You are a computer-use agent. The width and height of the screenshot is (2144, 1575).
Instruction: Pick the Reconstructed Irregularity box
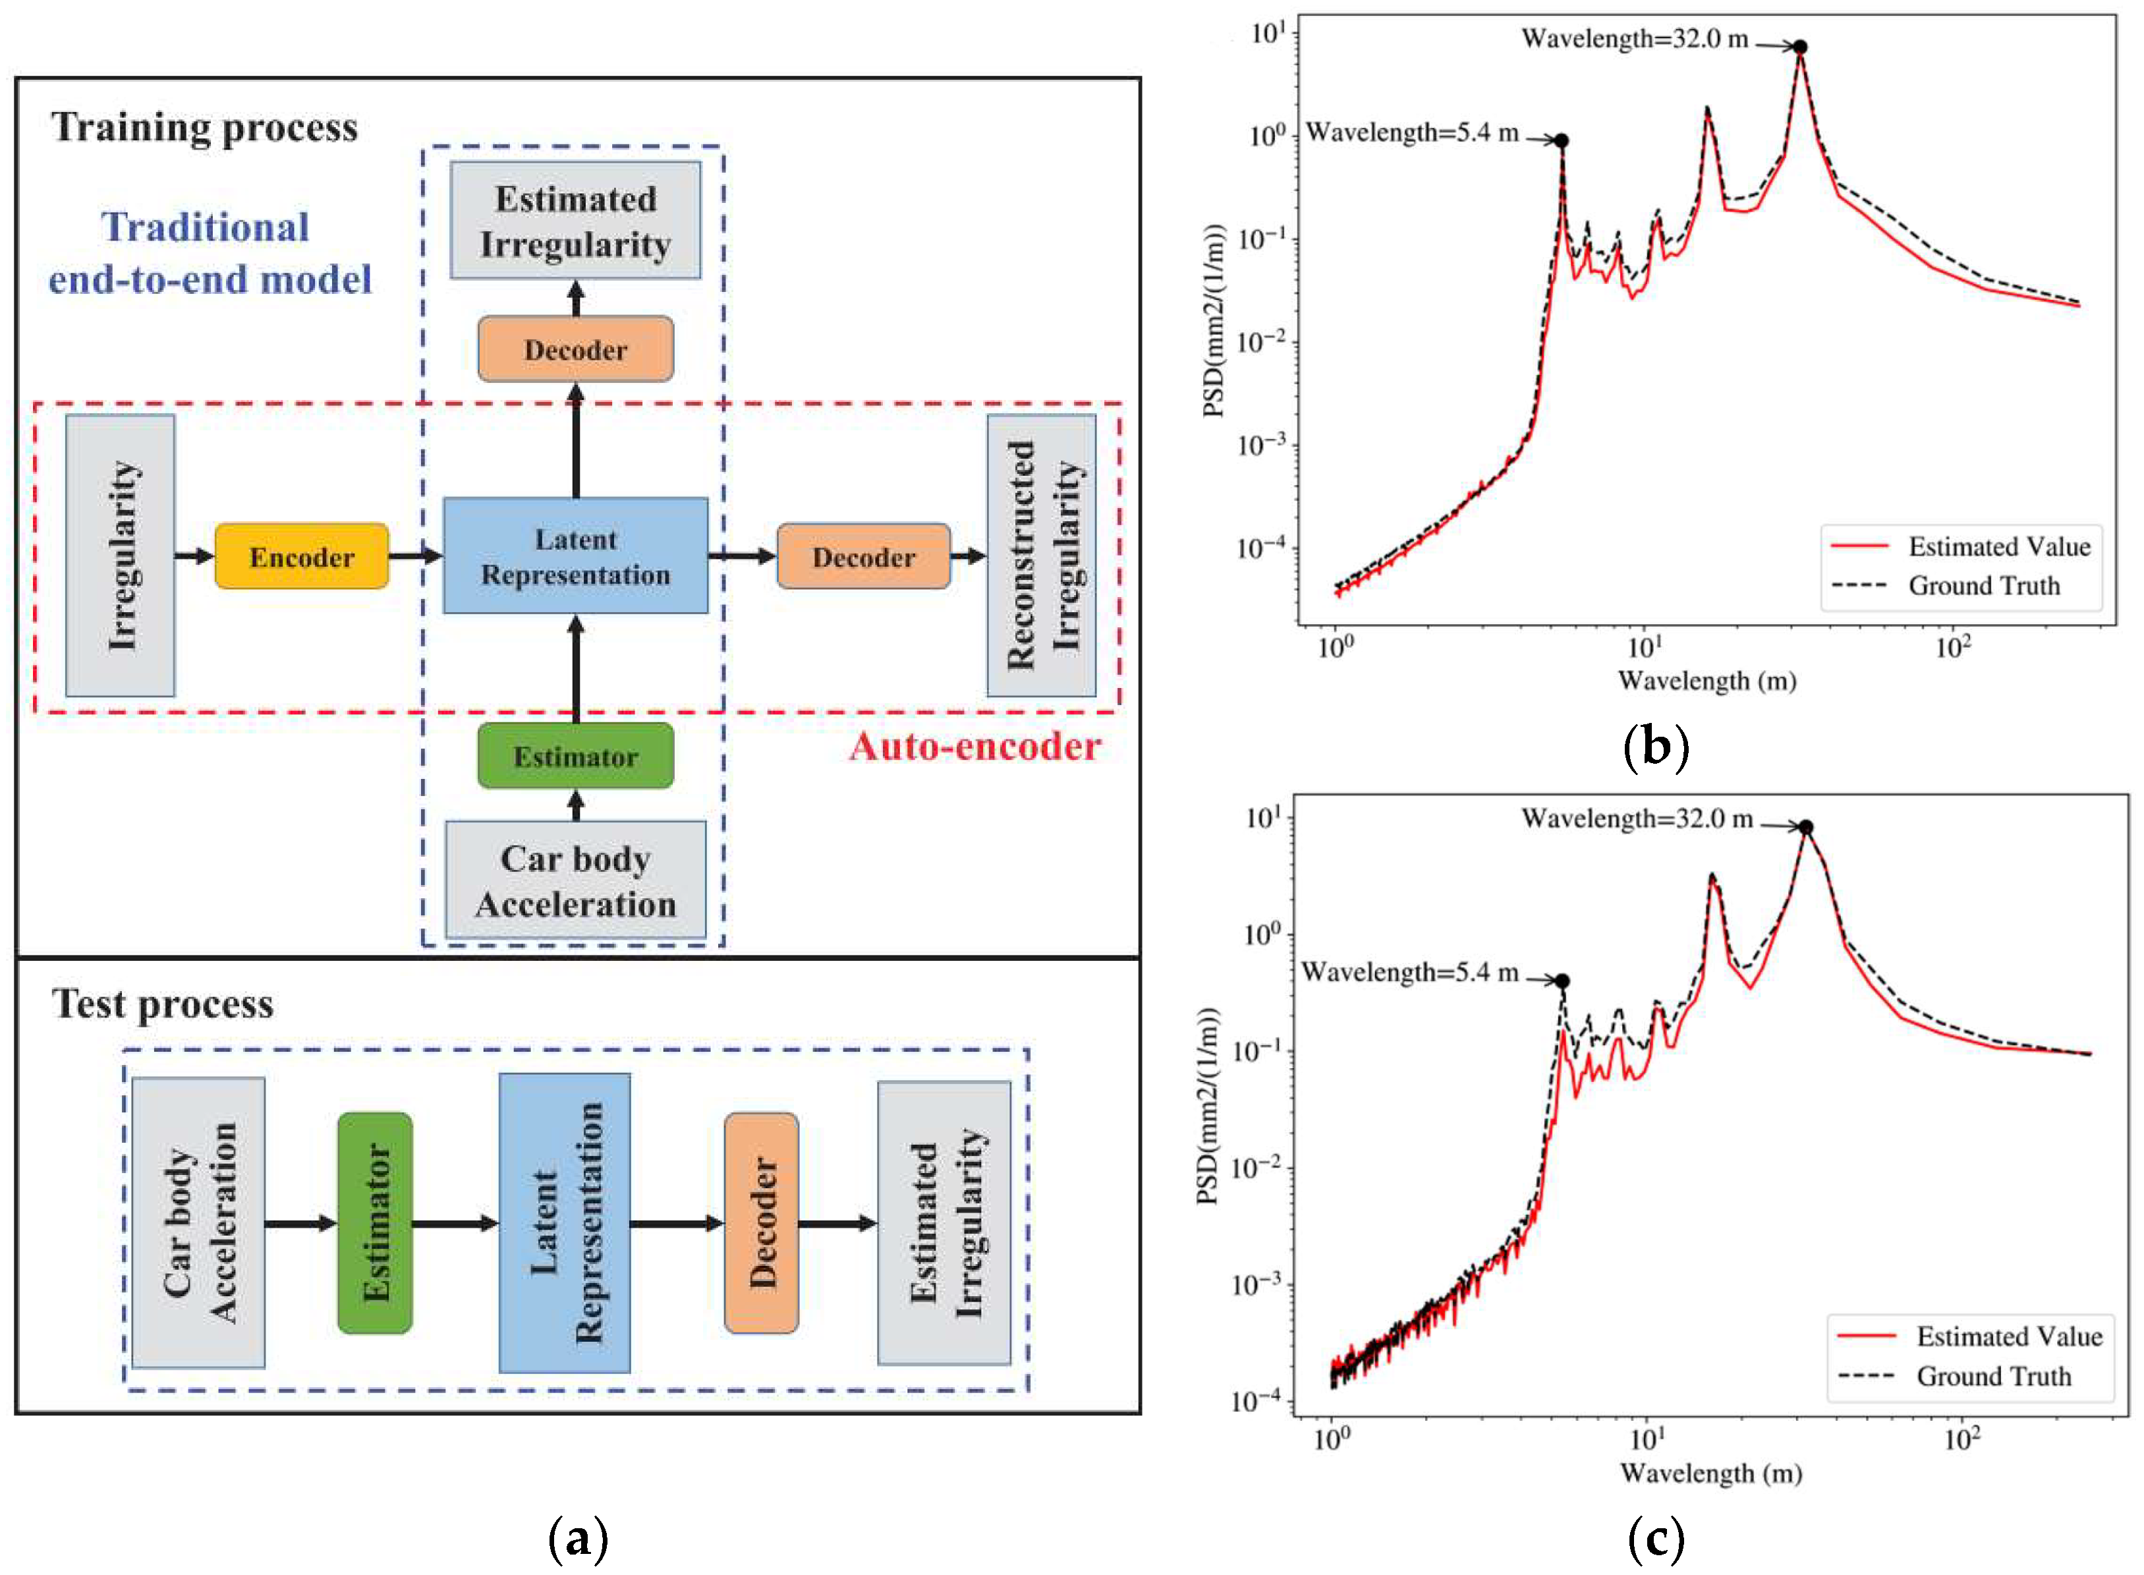pos(1041,555)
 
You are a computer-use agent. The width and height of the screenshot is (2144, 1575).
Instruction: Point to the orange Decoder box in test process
pos(761,1222)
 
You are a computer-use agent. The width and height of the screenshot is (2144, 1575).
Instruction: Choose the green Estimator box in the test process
pos(375,1222)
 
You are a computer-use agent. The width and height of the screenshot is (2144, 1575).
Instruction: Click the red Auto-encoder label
pos(974,745)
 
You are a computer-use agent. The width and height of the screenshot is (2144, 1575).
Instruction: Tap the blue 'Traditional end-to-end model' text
pos(209,252)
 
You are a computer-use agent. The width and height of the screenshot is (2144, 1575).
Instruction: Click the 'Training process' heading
pos(204,127)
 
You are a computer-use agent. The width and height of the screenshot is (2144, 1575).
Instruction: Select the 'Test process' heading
pos(162,1003)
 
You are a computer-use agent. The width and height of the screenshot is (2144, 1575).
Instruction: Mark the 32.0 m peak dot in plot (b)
pos(1800,47)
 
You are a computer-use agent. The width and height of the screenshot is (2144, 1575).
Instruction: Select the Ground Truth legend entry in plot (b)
pos(1983,585)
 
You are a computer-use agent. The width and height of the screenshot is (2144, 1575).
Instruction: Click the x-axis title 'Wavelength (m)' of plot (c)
pos(1710,1473)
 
